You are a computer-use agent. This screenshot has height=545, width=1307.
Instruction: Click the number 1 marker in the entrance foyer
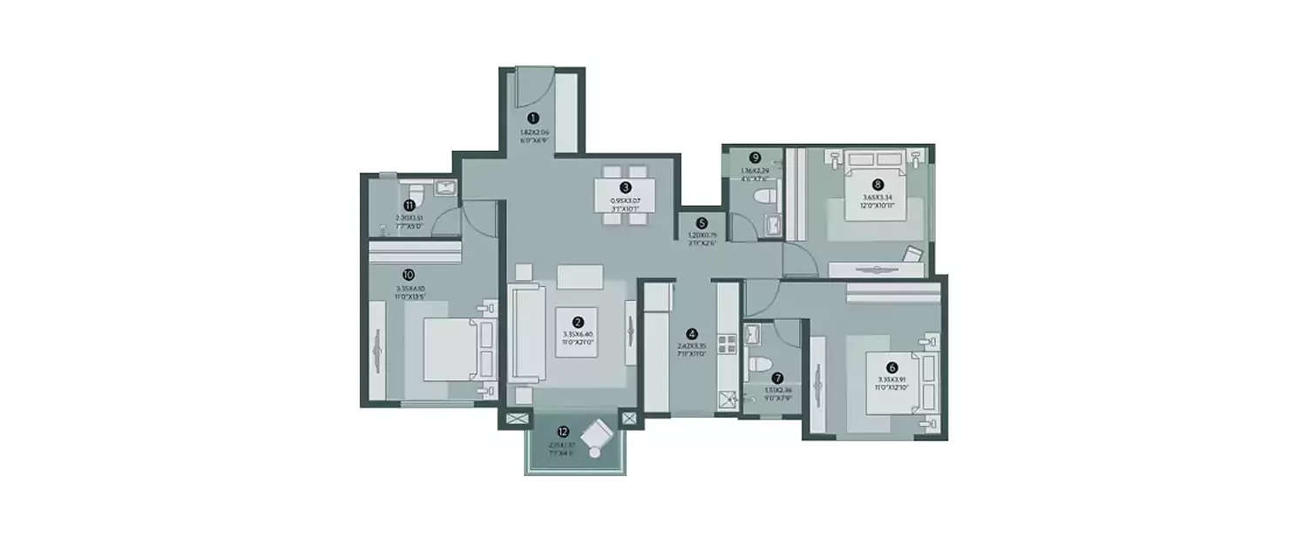(x=533, y=117)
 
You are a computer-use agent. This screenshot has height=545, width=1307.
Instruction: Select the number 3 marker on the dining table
(x=626, y=187)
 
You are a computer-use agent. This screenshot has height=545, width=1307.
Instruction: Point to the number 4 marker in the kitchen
(x=692, y=333)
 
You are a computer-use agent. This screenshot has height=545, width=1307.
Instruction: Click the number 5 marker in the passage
(x=701, y=222)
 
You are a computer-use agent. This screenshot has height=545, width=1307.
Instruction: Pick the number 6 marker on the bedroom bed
(x=891, y=368)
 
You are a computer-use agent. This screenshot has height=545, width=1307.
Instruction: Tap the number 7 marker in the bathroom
(x=777, y=378)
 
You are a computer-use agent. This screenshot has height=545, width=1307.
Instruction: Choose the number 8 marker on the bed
(x=877, y=184)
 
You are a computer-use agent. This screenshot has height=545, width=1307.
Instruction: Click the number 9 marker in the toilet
(x=755, y=158)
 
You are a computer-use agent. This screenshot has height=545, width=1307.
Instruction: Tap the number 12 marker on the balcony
(x=563, y=432)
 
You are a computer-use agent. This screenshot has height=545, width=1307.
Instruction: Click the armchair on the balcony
(x=599, y=435)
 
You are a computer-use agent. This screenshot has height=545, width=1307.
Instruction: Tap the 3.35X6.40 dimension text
(x=578, y=335)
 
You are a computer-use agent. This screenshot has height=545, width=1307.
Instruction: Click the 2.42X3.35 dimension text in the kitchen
(x=692, y=346)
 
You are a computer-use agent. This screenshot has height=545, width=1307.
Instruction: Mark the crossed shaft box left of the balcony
(x=513, y=419)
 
